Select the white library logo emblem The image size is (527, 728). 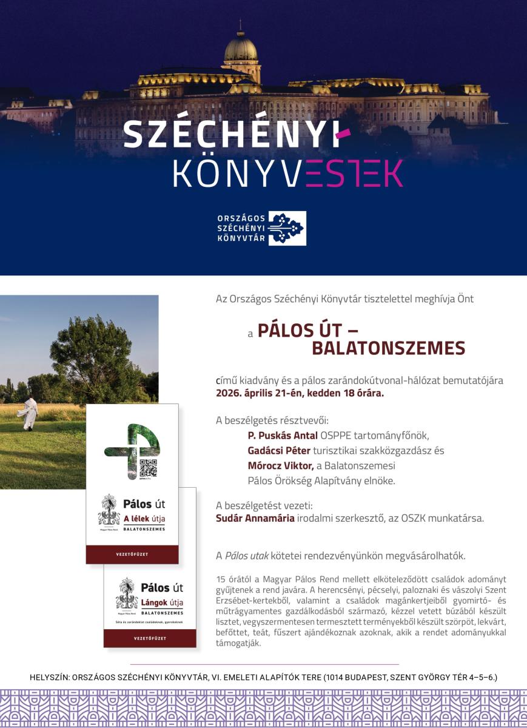[x=287, y=228]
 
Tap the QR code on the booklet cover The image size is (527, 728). [x=148, y=468]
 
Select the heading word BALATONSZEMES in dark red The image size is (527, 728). [x=388, y=348]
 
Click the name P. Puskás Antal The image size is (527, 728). [x=277, y=436]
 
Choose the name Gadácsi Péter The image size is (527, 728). [x=278, y=451]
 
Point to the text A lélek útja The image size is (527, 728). [x=144, y=519]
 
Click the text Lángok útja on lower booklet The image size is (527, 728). [x=161, y=602]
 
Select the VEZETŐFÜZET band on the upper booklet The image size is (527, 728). [x=132, y=554]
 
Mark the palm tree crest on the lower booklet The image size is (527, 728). [x=127, y=593]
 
